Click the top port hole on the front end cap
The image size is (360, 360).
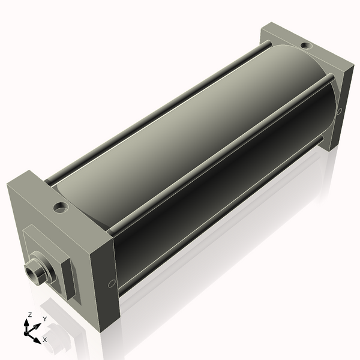(60, 209)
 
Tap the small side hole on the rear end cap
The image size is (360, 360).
(340, 110)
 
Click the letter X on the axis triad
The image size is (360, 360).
(44, 339)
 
